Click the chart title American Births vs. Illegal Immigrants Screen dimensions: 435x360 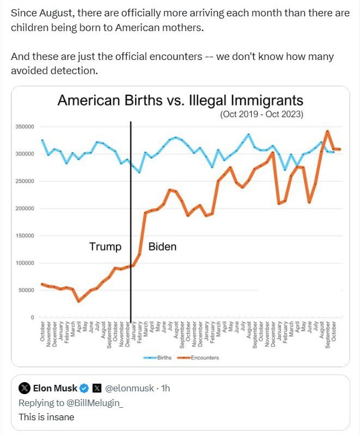coord(180,101)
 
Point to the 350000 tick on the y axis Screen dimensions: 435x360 coord(25,127)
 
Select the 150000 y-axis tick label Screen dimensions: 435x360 coord(25,236)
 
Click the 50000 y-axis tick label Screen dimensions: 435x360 coord(26,291)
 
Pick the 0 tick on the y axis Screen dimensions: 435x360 coord(32,318)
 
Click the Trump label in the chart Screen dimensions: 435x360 coord(105,247)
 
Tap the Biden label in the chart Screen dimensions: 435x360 coord(162,247)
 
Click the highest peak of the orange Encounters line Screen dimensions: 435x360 coord(327,131)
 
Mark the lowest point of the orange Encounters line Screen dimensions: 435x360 coord(78,301)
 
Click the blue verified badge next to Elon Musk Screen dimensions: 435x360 coord(84,389)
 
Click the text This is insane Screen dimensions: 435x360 coord(46,417)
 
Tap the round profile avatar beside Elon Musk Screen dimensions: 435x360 coord(25,389)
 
